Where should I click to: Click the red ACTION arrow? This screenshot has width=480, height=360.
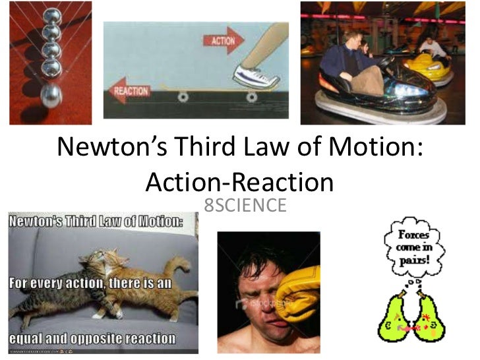point(225,41)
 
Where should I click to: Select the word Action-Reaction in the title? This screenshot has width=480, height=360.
point(239,181)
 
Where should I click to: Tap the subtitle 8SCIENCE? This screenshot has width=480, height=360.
point(245,205)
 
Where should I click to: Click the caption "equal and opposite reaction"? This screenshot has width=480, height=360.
point(93,339)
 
